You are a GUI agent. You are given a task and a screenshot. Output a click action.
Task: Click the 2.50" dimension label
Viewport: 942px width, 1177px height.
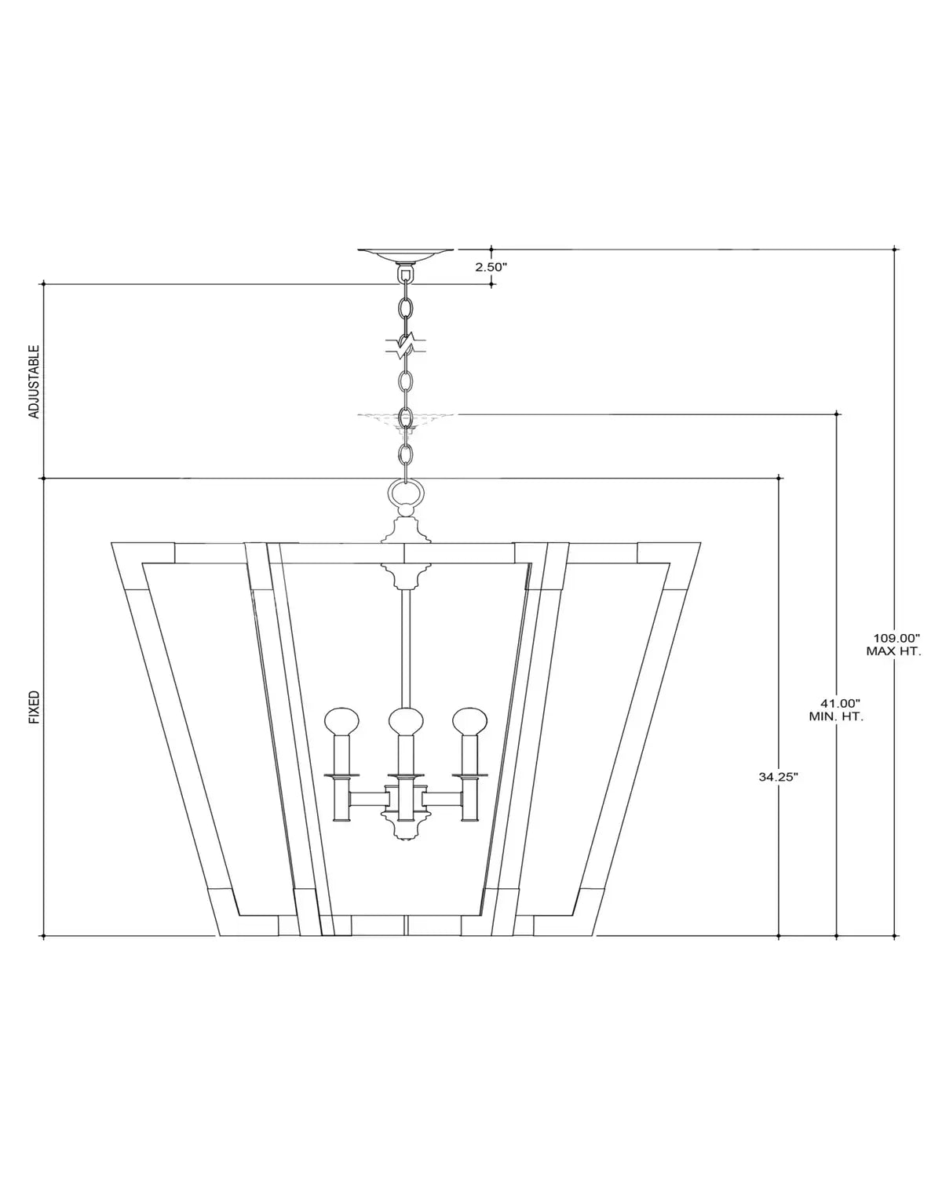click(491, 267)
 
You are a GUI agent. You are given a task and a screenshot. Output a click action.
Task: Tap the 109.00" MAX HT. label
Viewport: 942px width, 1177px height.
click(894, 644)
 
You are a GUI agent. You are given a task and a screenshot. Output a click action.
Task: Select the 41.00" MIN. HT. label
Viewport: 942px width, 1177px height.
click(836, 710)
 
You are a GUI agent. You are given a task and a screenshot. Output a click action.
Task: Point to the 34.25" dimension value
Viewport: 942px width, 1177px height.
click(779, 777)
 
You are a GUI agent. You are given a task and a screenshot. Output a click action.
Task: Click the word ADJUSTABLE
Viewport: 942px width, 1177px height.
click(34, 382)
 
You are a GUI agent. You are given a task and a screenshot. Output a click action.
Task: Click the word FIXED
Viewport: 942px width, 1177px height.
click(34, 707)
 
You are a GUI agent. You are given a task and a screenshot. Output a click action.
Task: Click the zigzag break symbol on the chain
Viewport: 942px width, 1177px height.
click(406, 345)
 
